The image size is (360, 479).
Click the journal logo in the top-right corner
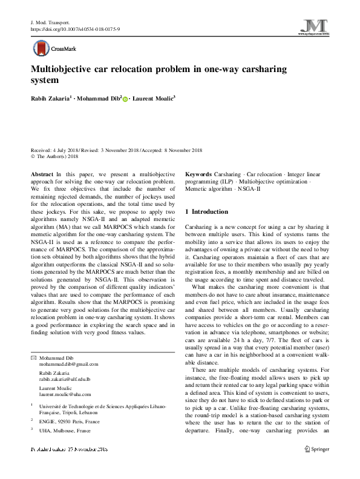pyautogui.click(x=315, y=27)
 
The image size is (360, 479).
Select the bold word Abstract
pyautogui.click(x=42, y=174)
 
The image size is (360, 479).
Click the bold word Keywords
pyautogui.click(x=199, y=174)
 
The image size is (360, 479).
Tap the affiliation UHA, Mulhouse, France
pyautogui.click(x=65, y=431)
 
